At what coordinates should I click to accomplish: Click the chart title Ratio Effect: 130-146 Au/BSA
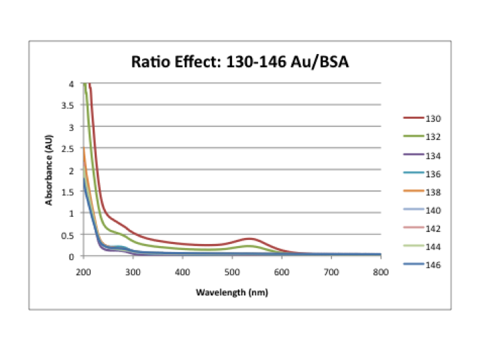[x=240, y=63]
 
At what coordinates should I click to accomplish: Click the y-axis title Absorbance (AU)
[x=49, y=170]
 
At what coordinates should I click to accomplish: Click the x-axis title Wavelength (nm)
[x=232, y=292]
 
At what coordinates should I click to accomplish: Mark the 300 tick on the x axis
[x=133, y=273]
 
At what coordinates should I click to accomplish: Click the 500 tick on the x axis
[x=232, y=273]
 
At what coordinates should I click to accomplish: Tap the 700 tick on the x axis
[x=331, y=273]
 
